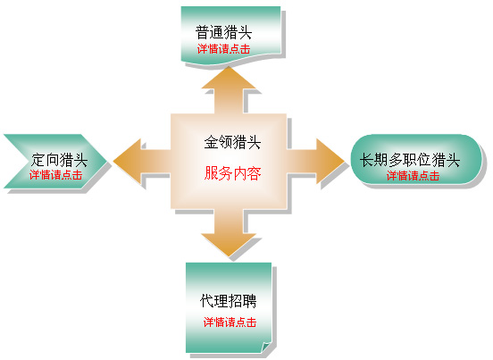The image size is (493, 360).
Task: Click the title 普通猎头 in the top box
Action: pos(223,32)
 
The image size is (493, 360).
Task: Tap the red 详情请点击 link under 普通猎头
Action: pos(223,49)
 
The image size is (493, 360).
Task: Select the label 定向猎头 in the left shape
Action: pos(59,160)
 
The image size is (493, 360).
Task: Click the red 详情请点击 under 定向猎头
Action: pos(55,175)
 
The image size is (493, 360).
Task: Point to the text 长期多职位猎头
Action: pos(410,160)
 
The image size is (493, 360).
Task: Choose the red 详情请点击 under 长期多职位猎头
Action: pos(413,176)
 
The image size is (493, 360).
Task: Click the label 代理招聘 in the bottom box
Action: pos(229,301)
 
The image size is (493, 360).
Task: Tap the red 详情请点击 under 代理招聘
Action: pos(230,322)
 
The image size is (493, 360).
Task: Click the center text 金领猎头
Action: pos(232,142)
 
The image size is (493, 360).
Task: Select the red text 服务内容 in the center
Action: pos(232,173)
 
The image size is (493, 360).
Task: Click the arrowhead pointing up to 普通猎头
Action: pos(229,78)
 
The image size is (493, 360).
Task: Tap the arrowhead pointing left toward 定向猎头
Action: pos(127,162)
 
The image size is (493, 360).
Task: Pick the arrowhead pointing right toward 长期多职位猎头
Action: pos(330,161)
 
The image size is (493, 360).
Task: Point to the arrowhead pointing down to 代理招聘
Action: pos(229,244)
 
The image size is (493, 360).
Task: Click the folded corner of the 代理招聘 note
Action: pos(266,347)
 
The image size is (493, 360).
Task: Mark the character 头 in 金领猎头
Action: pos(254,142)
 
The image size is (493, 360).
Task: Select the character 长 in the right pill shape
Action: pos(366,160)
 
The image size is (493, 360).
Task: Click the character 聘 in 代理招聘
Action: pos(250,301)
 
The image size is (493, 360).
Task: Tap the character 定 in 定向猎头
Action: pos(38,160)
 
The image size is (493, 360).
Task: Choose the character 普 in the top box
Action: pos(203,32)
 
